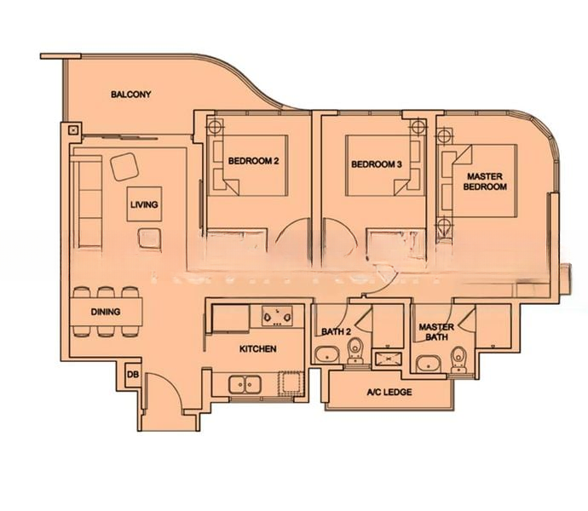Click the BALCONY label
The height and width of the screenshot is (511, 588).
point(131,94)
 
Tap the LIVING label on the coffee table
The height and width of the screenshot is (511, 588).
point(144,204)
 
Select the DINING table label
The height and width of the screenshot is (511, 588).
point(106,312)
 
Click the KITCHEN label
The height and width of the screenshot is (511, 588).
point(257,349)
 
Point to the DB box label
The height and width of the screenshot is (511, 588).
point(133,374)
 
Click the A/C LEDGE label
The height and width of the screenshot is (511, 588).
point(389,392)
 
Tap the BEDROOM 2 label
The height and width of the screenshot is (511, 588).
point(253,161)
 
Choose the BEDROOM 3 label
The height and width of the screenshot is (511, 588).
point(377,164)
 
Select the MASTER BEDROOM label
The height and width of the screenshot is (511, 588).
point(485,181)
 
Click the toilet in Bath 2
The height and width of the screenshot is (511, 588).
point(355,351)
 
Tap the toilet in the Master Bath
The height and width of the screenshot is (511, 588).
point(458,359)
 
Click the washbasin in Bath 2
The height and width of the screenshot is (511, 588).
point(327,354)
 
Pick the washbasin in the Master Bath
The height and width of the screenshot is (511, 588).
point(429,364)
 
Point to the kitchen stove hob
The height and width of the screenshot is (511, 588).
point(277,316)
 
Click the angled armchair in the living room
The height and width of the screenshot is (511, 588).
point(124,167)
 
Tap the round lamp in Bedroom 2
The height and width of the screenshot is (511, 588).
point(214,126)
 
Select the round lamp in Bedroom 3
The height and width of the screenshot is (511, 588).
point(418,127)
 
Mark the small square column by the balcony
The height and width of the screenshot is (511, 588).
point(73,130)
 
